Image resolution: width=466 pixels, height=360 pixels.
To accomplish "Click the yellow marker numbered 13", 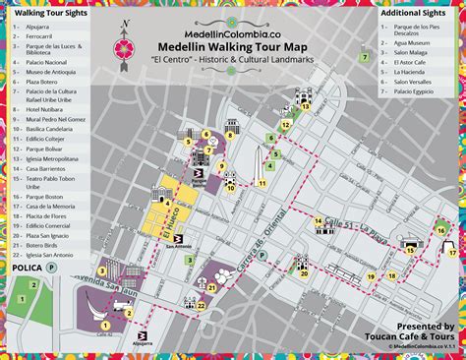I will (306, 108).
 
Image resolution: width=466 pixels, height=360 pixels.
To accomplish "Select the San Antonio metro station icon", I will (173, 236).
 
